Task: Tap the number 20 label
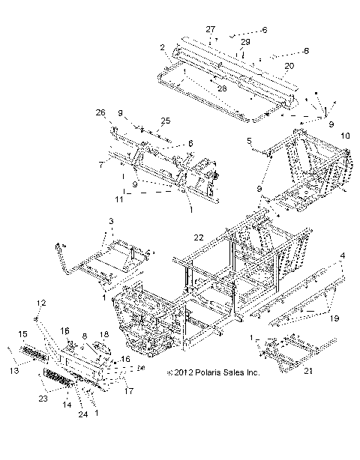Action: point(288,66)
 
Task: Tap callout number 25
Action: point(166,120)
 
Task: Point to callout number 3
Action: point(111,222)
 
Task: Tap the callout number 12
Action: point(61,303)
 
